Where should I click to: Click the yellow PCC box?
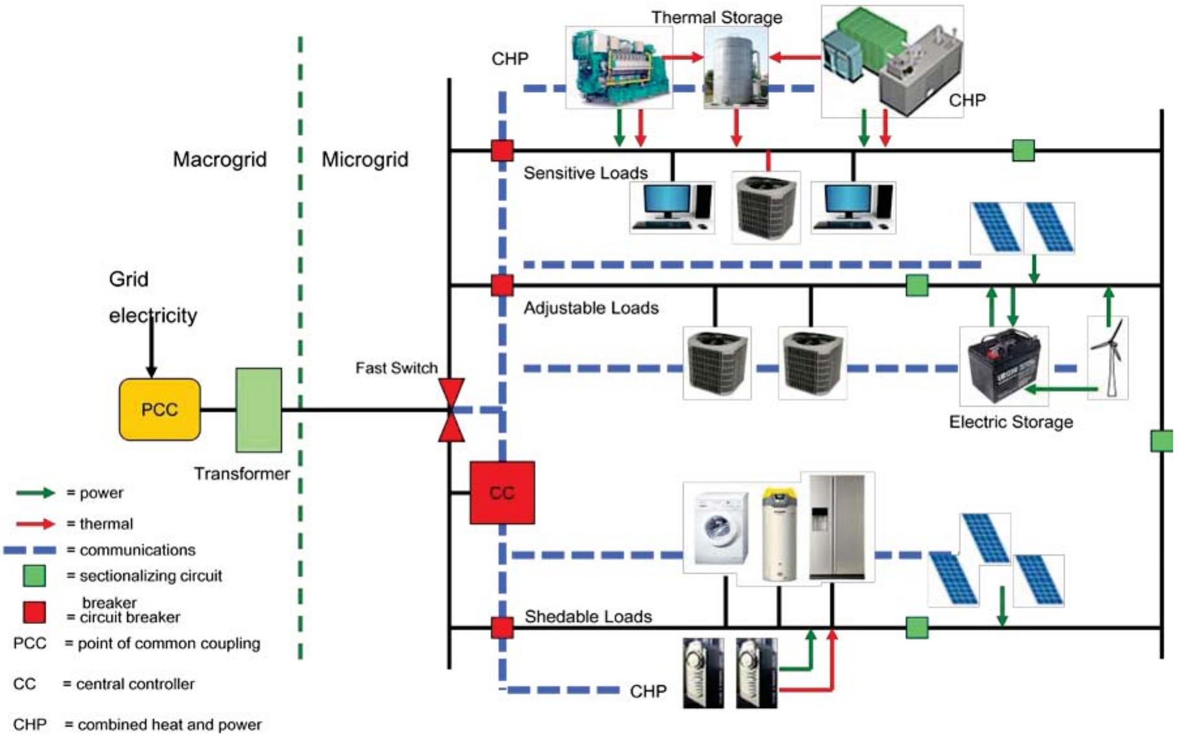160,409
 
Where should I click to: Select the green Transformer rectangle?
259,410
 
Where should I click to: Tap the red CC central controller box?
502,493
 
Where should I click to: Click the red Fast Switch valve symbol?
451,410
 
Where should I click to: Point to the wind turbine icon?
1108,357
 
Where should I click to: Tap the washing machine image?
721,528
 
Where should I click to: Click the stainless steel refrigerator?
837,527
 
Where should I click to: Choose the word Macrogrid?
220,160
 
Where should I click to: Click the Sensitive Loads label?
585,173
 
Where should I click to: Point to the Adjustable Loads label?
591,308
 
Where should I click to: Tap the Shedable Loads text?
588,617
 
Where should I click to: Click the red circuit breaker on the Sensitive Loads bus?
502,151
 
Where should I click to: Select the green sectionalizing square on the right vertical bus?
1161,441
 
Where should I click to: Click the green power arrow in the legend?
36,493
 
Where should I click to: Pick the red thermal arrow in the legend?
36,524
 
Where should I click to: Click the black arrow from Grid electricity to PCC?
151,346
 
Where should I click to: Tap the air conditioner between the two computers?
766,207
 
